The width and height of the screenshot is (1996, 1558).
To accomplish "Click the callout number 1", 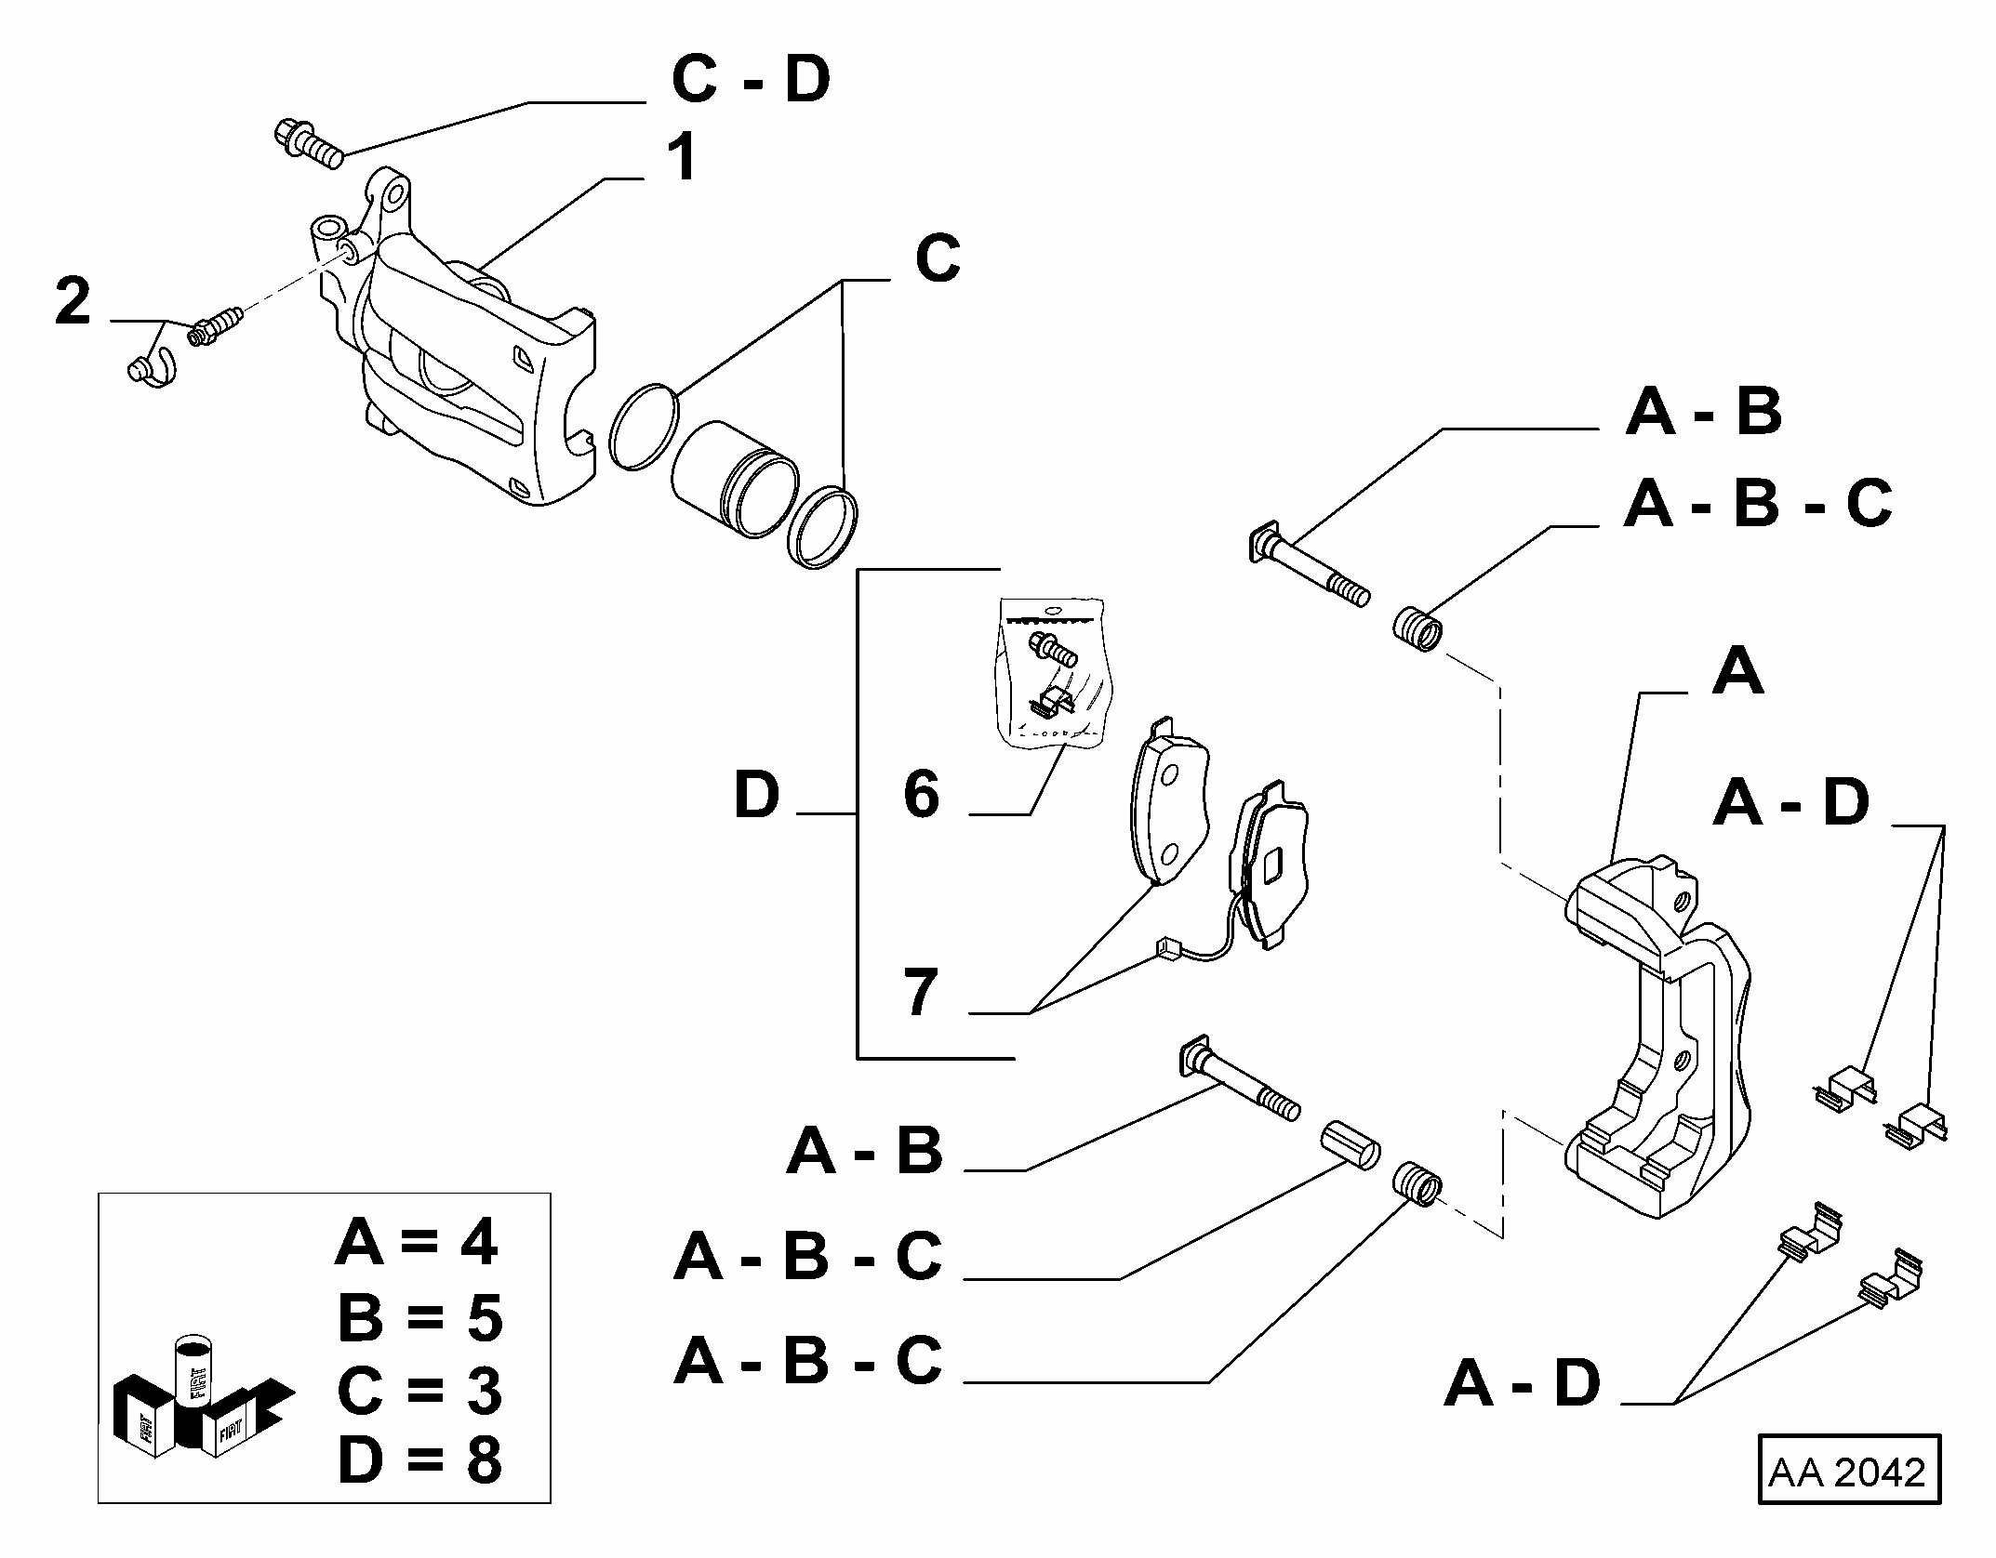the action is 685,158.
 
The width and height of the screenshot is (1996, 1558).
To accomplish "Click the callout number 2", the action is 73,301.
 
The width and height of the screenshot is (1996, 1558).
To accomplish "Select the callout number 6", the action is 921,794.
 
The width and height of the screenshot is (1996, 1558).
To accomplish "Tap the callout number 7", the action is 921,992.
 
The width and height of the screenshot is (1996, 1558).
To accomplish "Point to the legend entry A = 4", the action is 417,1243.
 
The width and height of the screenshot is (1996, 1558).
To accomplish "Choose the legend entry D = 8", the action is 419,1460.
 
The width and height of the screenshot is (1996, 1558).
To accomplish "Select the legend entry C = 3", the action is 419,1390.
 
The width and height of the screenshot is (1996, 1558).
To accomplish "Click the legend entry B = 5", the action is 419,1318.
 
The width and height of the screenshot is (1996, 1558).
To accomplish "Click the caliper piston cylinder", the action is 733,479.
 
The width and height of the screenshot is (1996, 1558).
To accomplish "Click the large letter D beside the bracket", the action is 756,795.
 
